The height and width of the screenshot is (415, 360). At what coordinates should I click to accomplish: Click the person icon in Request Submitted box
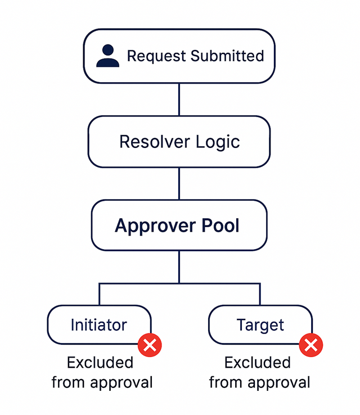tap(107, 56)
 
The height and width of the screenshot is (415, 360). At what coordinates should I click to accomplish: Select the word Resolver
tap(148, 142)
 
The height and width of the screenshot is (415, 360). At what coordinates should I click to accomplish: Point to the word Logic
tap(217, 142)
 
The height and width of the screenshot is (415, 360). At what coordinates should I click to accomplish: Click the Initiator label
tap(98, 325)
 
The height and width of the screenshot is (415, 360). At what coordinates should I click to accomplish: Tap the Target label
tap(260, 325)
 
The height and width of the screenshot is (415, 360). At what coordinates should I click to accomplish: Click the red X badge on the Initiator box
tap(150, 344)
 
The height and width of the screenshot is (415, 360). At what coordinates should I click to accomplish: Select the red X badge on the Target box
tap(310, 344)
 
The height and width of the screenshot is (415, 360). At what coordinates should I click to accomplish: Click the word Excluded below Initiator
tap(100, 363)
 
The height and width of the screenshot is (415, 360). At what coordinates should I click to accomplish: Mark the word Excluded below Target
tap(258, 363)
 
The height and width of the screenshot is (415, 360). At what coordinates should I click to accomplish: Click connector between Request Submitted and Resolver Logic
tap(179, 100)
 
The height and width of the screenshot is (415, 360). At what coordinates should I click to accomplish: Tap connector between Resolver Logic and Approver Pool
tap(179, 183)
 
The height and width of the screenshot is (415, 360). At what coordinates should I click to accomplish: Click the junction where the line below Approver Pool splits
tap(179, 283)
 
